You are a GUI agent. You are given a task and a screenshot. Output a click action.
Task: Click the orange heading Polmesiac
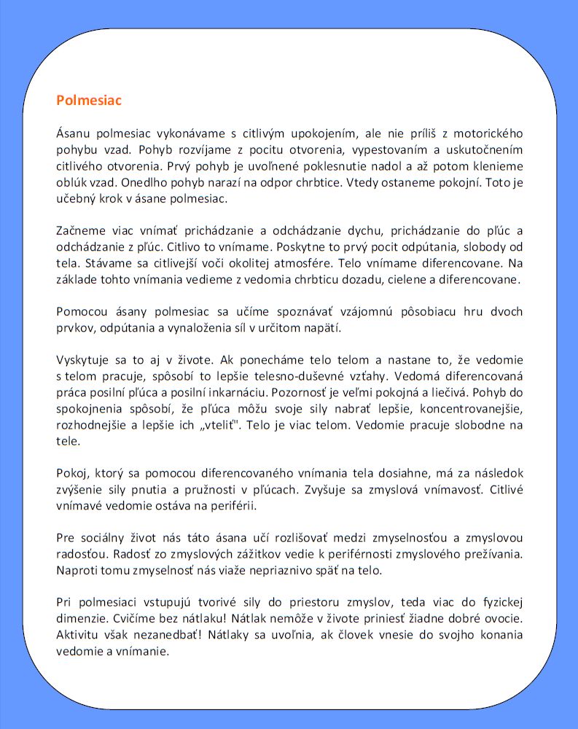(x=89, y=101)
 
